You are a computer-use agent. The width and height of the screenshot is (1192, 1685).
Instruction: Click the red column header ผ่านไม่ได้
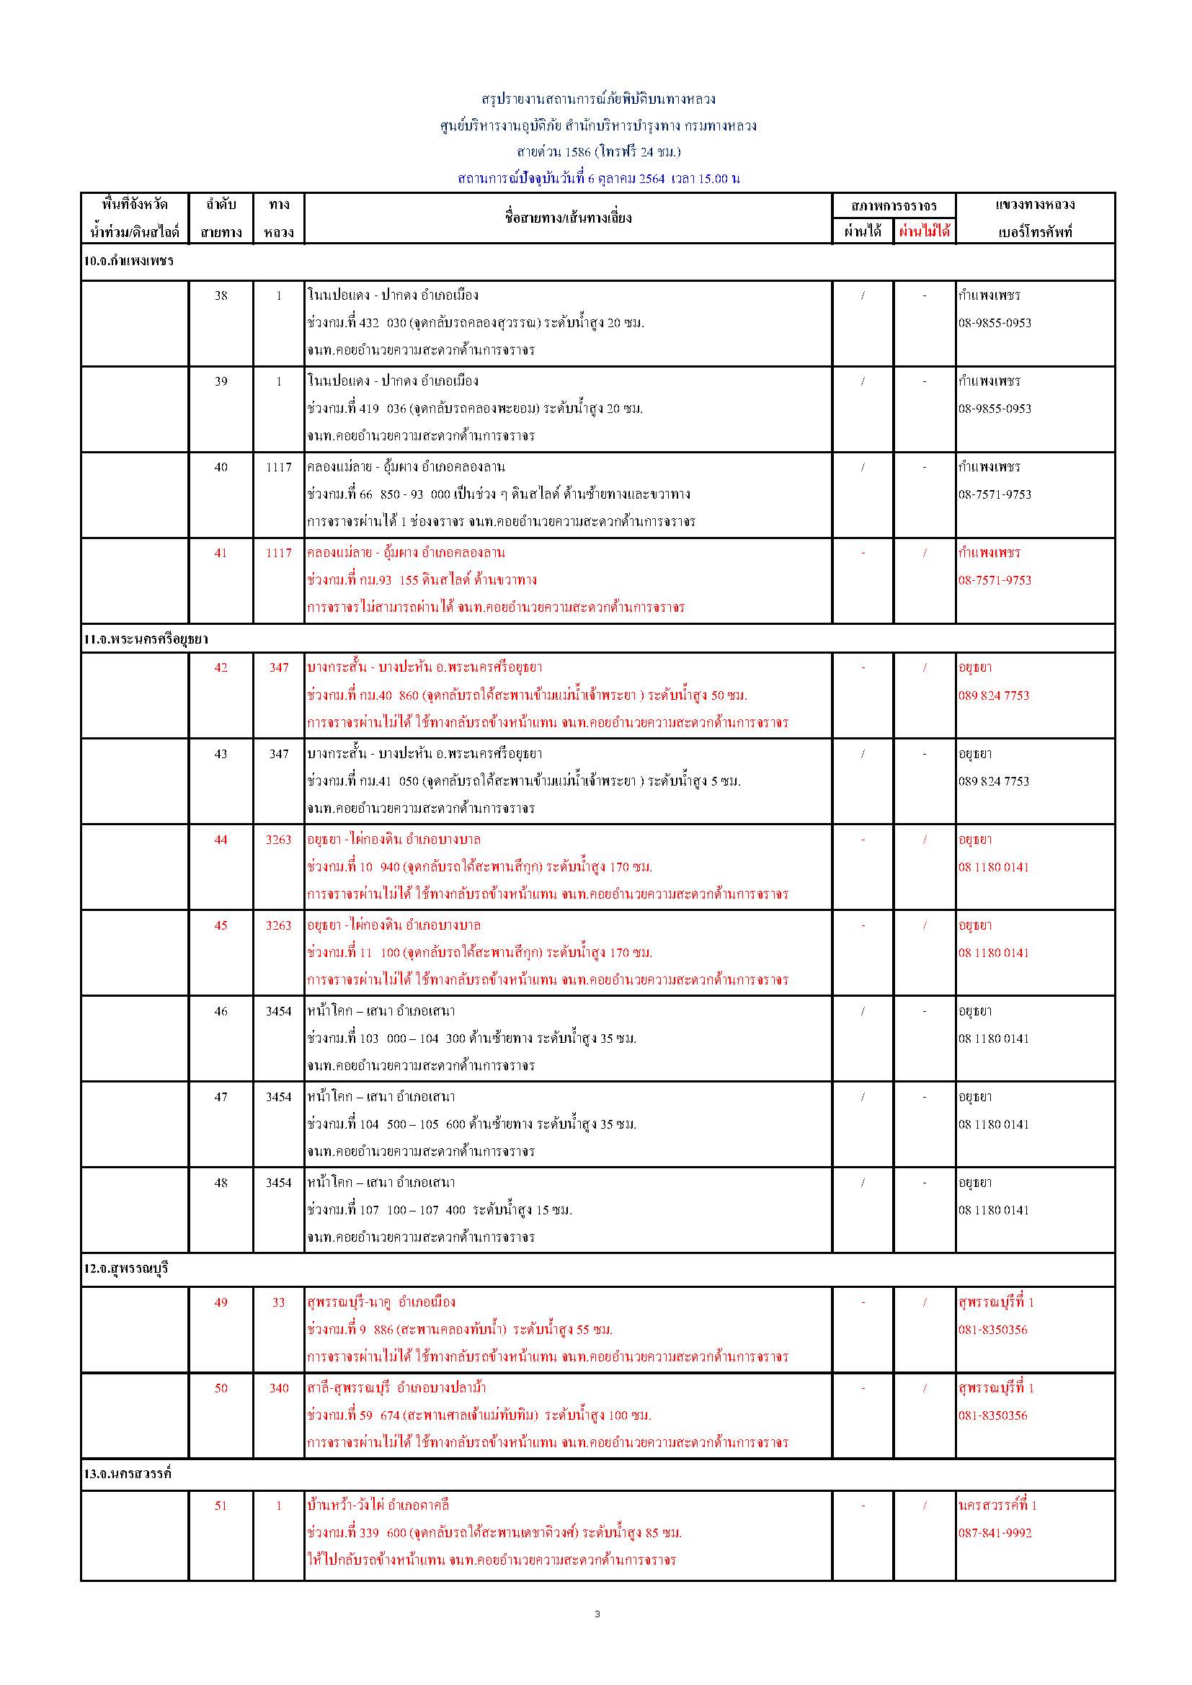coord(924,232)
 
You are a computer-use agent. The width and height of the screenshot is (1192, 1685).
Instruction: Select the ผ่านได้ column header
coord(863,232)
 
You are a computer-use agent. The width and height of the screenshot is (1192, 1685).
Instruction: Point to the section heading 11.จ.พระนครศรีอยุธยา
coord(146,639)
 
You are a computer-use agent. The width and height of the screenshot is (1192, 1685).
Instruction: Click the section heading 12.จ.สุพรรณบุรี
coord(125,1268)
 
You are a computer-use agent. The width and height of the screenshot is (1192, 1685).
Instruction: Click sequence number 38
coord(221,295)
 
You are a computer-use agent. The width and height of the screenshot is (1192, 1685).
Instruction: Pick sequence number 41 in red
coord(221,553)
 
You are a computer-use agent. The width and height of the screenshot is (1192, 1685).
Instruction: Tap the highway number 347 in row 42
coord(279,667)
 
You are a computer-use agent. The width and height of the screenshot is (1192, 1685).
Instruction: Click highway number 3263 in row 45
coord(279,925)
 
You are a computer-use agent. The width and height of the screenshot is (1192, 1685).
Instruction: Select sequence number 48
coord(221,1182)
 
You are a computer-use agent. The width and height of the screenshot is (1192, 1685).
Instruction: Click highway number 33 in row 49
coord(279,1302)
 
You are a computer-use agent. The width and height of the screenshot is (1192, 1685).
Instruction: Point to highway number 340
coord(279,1388)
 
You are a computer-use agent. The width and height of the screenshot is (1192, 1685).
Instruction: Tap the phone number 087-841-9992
coord(995,1532)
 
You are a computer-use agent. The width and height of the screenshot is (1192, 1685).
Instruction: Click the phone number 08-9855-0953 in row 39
coord(995,409)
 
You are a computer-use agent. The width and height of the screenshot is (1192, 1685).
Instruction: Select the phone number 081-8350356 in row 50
coord(992,1415)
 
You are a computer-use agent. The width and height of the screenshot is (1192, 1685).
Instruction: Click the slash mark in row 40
coord(863,467)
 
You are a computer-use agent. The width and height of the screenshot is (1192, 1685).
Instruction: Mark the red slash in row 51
coord(925,1506)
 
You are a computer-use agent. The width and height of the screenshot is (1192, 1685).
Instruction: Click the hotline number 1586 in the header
coord(579,152)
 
